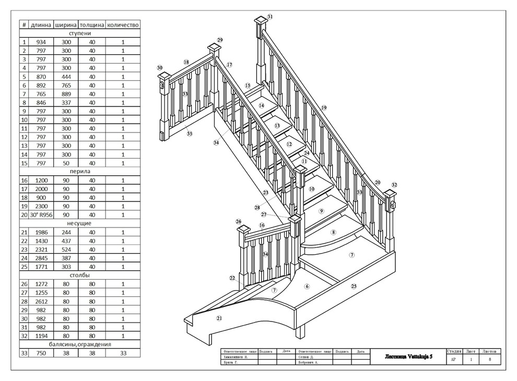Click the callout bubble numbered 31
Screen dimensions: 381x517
270,17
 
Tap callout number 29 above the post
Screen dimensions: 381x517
220,40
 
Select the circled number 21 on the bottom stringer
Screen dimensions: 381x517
219,318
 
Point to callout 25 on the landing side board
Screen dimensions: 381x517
354,286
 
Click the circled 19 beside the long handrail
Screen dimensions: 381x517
324,108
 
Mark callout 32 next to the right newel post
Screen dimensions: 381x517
394,185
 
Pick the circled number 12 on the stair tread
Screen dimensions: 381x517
289,144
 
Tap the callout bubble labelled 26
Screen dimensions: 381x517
239,221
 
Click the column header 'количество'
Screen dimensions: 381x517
123,25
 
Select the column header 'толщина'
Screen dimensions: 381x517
92,25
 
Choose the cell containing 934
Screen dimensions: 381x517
41,42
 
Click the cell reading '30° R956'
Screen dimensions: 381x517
41,215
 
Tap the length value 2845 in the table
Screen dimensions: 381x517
41,258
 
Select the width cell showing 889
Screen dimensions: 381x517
66,94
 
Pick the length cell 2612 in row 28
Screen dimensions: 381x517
41,301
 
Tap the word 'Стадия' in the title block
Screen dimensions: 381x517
453,352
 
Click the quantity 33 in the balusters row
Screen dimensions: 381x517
123,353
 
